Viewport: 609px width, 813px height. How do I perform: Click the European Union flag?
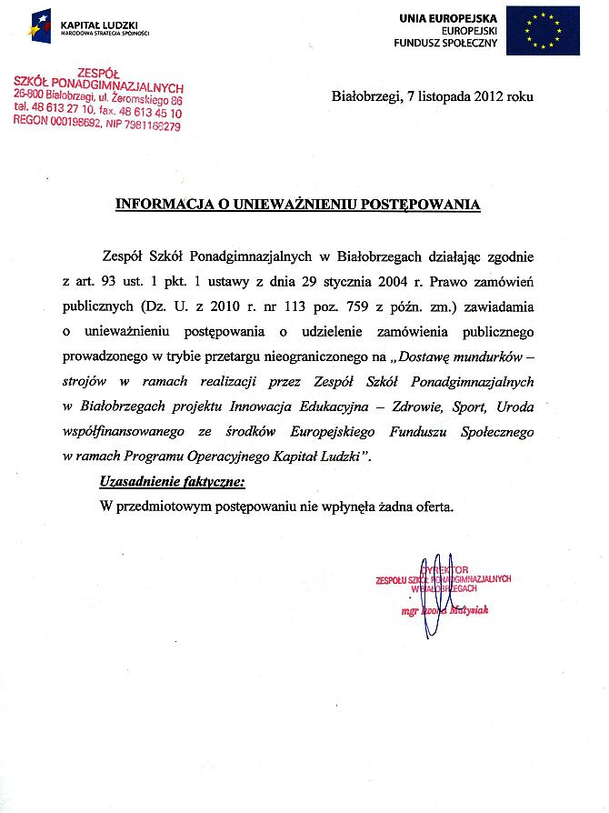click(x=543, y=30)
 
